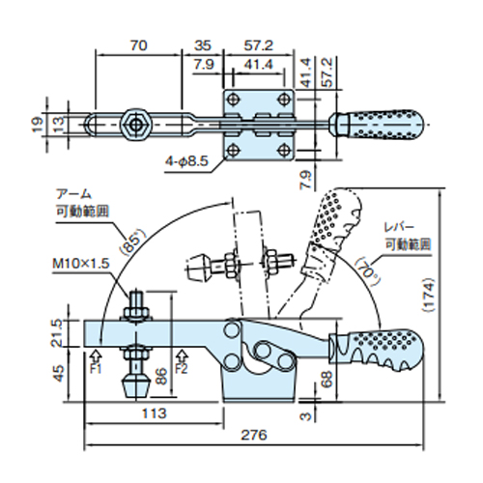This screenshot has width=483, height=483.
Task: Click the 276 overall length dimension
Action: pyautogui.click(x=254, y=435)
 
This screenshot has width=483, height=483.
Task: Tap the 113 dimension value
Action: pyautogui.click(x=155, y=413)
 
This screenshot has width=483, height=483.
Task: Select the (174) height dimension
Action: pyautogui.click(x=429, y=295)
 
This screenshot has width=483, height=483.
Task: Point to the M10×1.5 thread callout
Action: pyautogui.click(x=81, y=264)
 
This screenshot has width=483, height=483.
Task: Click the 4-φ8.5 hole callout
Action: pyautogui.click(x=187, y=160)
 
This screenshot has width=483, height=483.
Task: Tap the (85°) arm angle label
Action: pyautogui.click(x=132, y=242)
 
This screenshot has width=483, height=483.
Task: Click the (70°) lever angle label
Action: pyautogui.click(x=368, y=272)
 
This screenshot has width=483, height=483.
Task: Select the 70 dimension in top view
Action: pyautogui.click(x=139, y=45)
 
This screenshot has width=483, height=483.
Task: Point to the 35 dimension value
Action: pyautogui.click(x=202, y=45)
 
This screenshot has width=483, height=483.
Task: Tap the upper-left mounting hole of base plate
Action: pyautogui.click(x=233, y=99)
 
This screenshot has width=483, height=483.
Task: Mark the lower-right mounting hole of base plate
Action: pyautogui.click(x=284, y=150)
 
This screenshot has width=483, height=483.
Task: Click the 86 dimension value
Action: pyautogui.click(x=161, y=377)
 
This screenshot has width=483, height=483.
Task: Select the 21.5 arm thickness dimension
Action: pyautogui.click(x=57, y=333)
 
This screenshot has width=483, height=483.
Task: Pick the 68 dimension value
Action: pyautogui.click(x=326, y=380)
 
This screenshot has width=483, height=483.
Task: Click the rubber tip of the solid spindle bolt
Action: pyautogui.click(x=136, y=388)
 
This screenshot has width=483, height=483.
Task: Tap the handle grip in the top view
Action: pyautogui.click(x=377, y=125)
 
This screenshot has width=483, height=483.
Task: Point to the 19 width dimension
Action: pyautogui.click(x=38, y=125)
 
